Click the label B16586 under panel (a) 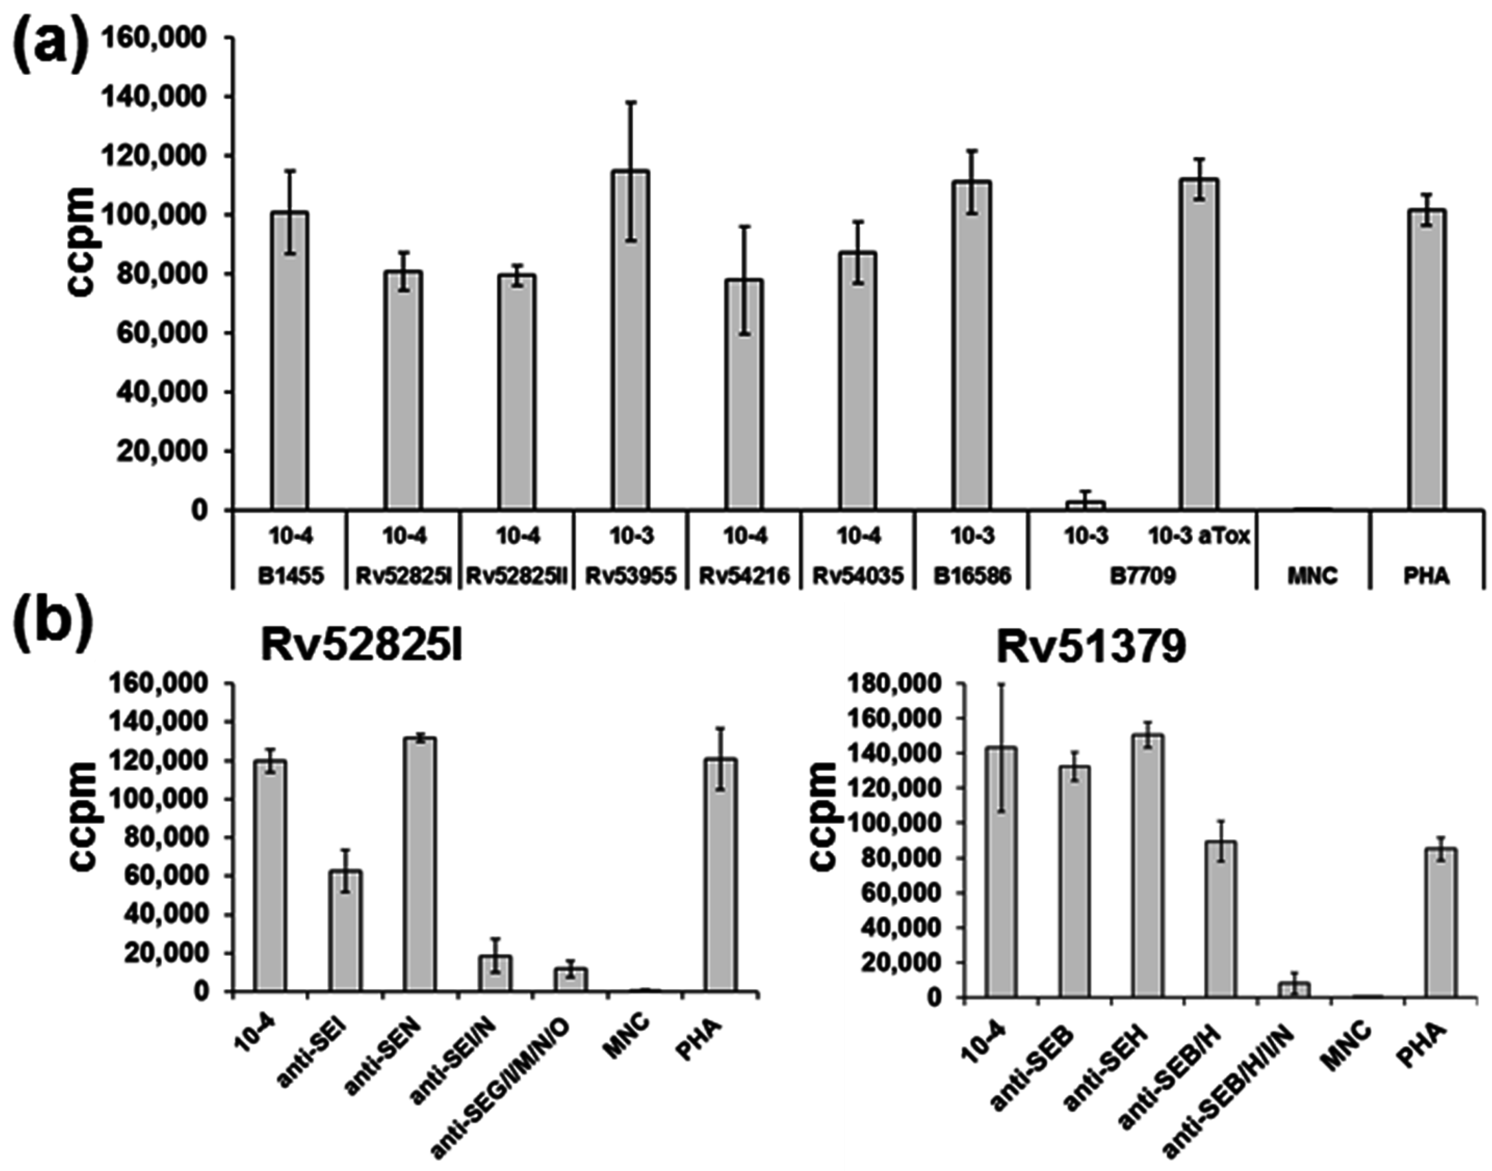[972, 576]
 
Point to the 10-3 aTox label [1199, 536]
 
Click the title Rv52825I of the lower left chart [361, 648]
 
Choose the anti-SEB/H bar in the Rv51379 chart [1220, 919]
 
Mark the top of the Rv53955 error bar [630, 102]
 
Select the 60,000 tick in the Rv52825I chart [179, 876]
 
